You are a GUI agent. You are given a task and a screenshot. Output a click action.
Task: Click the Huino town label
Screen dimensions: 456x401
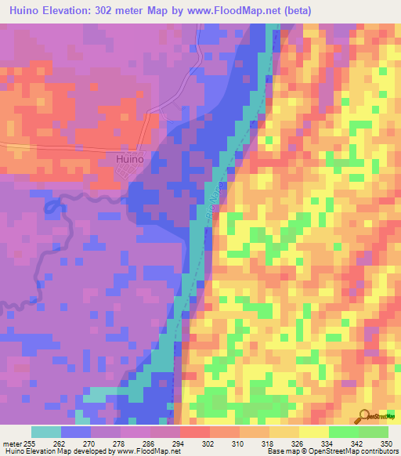(124, 157)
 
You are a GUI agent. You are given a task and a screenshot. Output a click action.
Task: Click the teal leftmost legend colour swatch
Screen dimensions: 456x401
(45, 432)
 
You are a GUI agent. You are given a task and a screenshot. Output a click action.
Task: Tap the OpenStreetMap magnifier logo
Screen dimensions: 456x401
(364, 416)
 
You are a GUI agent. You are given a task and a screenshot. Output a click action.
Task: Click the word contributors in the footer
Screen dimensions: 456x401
(381, 451)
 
